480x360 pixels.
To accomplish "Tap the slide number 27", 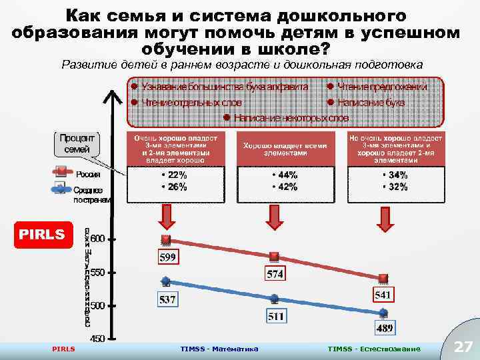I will [462, 347].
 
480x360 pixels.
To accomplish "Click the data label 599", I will [167, 256].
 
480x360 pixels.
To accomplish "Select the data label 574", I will [276, 273].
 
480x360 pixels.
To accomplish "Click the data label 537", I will [167, 299].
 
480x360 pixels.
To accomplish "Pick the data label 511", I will [276, 316].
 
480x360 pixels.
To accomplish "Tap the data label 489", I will [385, 327].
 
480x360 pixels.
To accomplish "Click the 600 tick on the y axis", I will [97, 239].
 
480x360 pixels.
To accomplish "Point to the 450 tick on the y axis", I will [97, 338].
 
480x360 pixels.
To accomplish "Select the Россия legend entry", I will [87, 175].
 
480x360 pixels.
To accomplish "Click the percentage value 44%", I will [285, 175].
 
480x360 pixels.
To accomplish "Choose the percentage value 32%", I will [395, 187].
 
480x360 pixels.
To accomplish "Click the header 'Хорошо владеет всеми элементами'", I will [276, 149].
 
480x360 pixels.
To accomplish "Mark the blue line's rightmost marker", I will [384, 312].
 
